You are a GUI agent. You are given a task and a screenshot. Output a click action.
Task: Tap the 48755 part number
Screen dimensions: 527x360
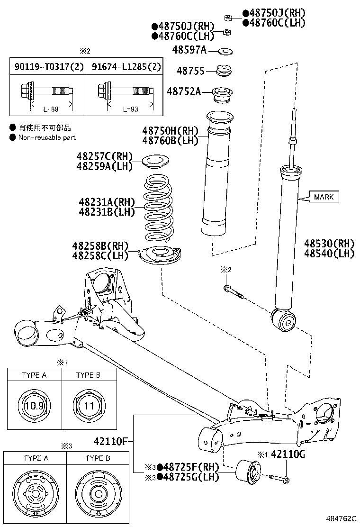point(190,71)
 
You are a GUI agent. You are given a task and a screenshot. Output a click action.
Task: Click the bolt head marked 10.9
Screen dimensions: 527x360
point(34,406)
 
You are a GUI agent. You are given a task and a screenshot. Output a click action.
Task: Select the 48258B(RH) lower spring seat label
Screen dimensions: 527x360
point(100,246)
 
